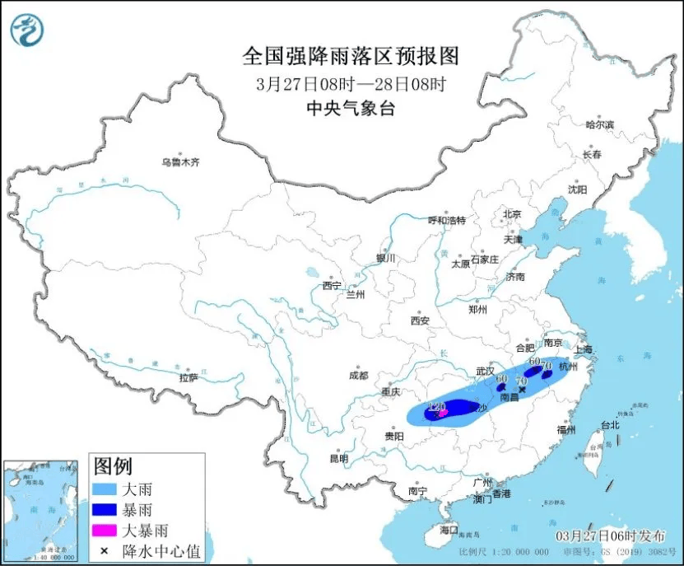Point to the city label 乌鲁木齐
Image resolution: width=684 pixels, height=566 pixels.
coord(180,162)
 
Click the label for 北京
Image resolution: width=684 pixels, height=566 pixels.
coord(512,214)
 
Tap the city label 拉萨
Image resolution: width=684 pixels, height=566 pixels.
coord(188,377)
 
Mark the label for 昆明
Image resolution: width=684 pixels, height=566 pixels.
coord(339,458)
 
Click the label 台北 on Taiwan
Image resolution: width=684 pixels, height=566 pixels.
coord(609,426)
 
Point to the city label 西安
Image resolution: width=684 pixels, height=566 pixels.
coord(421,320)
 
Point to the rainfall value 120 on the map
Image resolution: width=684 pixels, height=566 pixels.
coord(436,406)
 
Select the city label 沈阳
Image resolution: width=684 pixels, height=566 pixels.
coord(577,189)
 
